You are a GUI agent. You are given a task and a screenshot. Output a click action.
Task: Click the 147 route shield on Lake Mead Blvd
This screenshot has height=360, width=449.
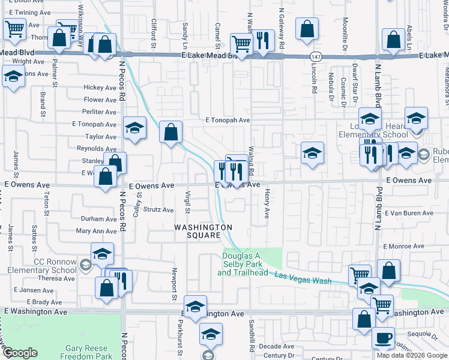click(315, 56)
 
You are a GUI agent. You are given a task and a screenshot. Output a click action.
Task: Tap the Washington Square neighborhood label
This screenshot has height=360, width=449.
click(203, 232)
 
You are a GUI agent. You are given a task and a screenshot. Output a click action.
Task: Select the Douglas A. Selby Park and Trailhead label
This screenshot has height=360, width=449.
click(243, 264)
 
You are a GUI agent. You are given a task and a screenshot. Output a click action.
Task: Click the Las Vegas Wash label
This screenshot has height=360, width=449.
click(303, 277)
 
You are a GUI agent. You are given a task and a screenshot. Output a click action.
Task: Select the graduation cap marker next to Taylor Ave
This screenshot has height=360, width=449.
click(135, 128)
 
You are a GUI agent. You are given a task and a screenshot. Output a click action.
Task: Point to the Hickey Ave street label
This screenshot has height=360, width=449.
click(100, 88)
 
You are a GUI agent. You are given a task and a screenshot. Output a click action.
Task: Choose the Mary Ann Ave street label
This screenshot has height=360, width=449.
click(96, 231)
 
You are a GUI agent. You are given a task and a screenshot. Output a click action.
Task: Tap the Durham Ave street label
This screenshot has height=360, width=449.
click(98, 219)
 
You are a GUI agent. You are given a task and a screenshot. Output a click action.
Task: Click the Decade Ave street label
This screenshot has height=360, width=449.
click(277, 346)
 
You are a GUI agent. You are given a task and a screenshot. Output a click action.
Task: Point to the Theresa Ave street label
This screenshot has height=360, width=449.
click(56, 278)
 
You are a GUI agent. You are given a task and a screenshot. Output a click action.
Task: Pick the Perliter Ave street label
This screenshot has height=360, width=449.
click(100, 112)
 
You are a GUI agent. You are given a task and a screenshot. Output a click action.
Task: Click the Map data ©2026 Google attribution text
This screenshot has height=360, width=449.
click(412, 355)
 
